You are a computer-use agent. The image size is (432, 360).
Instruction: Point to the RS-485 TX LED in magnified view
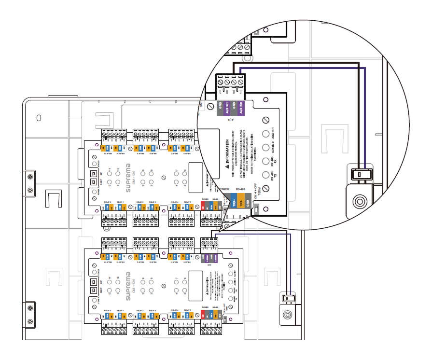tap(265, 175)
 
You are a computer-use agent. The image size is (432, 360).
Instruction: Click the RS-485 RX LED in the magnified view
tap(265, 162)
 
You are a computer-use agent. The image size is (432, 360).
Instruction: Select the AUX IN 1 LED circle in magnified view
tap(265, 135)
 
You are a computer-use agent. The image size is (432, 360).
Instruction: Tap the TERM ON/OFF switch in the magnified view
tap(256, 209)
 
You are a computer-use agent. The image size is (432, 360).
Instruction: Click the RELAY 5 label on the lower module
tap(188, 309)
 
